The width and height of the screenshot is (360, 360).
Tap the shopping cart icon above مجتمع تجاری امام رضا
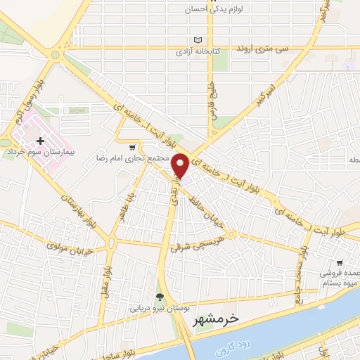pos(131,148)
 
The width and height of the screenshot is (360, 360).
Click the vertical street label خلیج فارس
pos(210,103)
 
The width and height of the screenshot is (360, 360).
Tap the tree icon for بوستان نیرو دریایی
pos(160,297)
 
